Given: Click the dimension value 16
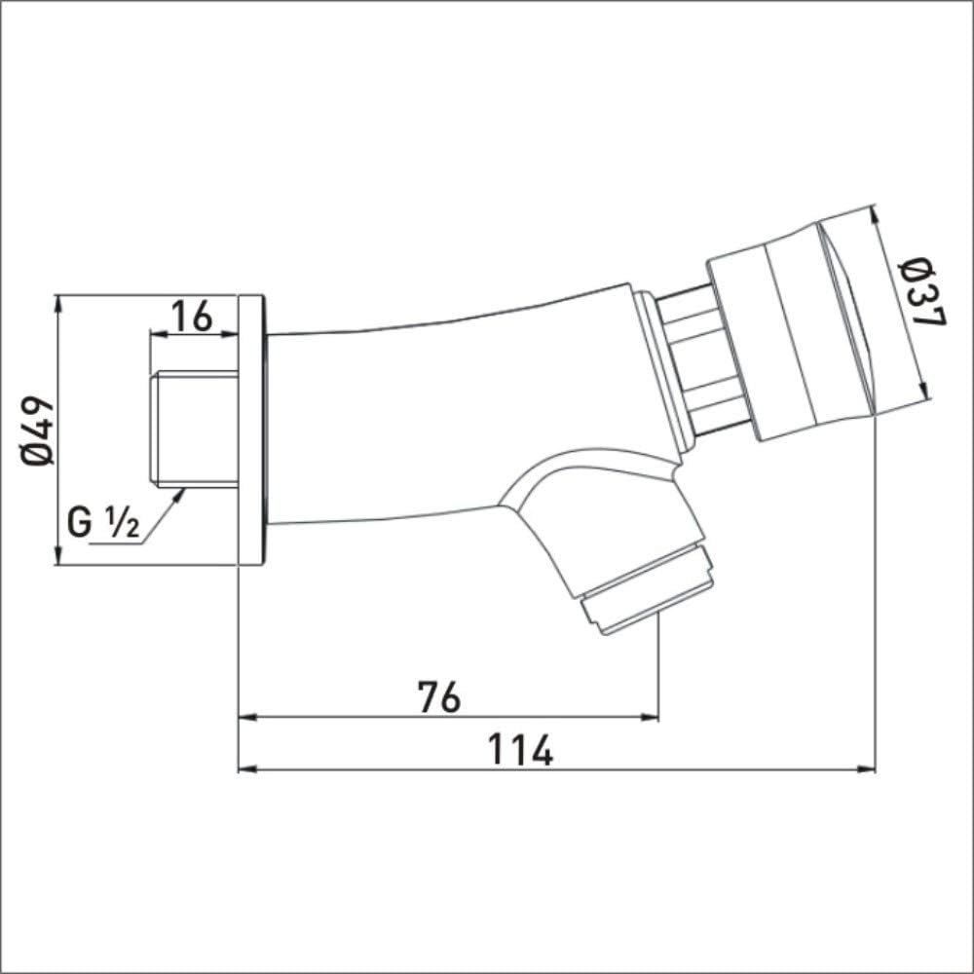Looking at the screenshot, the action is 192,316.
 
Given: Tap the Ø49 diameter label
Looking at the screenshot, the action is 37,431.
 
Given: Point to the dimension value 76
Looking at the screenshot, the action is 439,696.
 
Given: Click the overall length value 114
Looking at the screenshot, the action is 520,750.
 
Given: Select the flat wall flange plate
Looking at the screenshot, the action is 252,430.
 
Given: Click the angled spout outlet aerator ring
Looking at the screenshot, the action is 647,590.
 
